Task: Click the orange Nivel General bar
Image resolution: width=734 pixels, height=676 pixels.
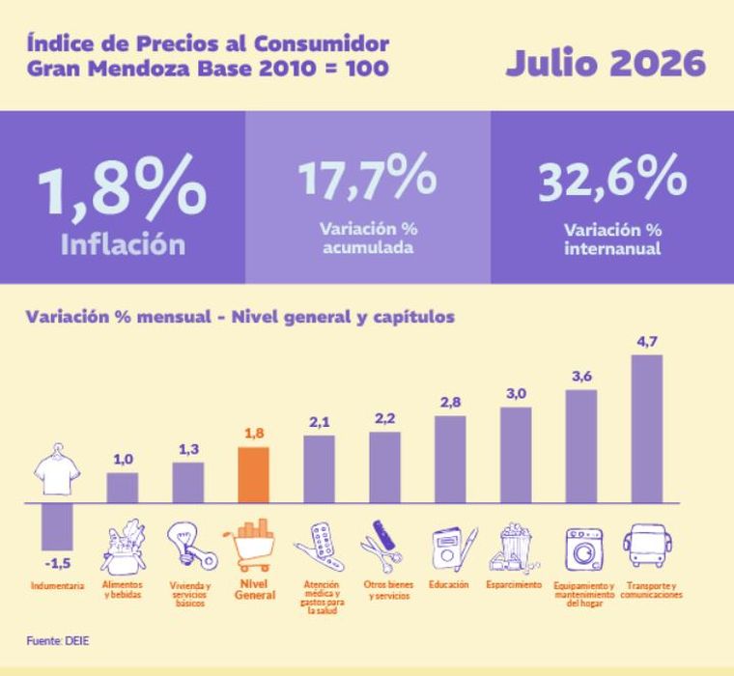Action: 254,475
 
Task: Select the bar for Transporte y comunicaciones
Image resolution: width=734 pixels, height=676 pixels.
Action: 647,429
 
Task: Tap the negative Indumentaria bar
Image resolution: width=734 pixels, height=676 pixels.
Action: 57,526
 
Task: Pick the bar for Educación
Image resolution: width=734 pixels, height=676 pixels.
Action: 450,460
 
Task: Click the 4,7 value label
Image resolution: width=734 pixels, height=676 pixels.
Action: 647,342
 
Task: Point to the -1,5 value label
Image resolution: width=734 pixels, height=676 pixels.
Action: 58,564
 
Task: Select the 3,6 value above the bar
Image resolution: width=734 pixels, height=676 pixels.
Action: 581,377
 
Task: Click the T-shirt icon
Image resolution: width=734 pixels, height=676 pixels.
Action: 57,469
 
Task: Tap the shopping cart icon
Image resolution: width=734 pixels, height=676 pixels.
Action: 250,546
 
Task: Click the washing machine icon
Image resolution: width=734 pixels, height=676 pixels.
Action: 583,549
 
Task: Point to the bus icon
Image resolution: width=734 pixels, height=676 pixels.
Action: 647,546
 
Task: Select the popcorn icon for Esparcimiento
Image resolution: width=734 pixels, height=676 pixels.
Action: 513,547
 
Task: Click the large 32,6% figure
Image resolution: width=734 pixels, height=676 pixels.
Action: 612,178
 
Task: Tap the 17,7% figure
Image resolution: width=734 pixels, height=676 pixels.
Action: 367,176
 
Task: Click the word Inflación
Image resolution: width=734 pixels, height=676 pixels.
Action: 123,244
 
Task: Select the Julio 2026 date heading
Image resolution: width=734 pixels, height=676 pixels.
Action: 606,63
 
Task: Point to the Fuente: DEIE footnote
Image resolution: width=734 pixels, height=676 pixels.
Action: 58,641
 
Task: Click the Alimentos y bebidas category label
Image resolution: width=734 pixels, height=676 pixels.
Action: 123,590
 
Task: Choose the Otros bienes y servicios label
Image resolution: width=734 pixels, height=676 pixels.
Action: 388,590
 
